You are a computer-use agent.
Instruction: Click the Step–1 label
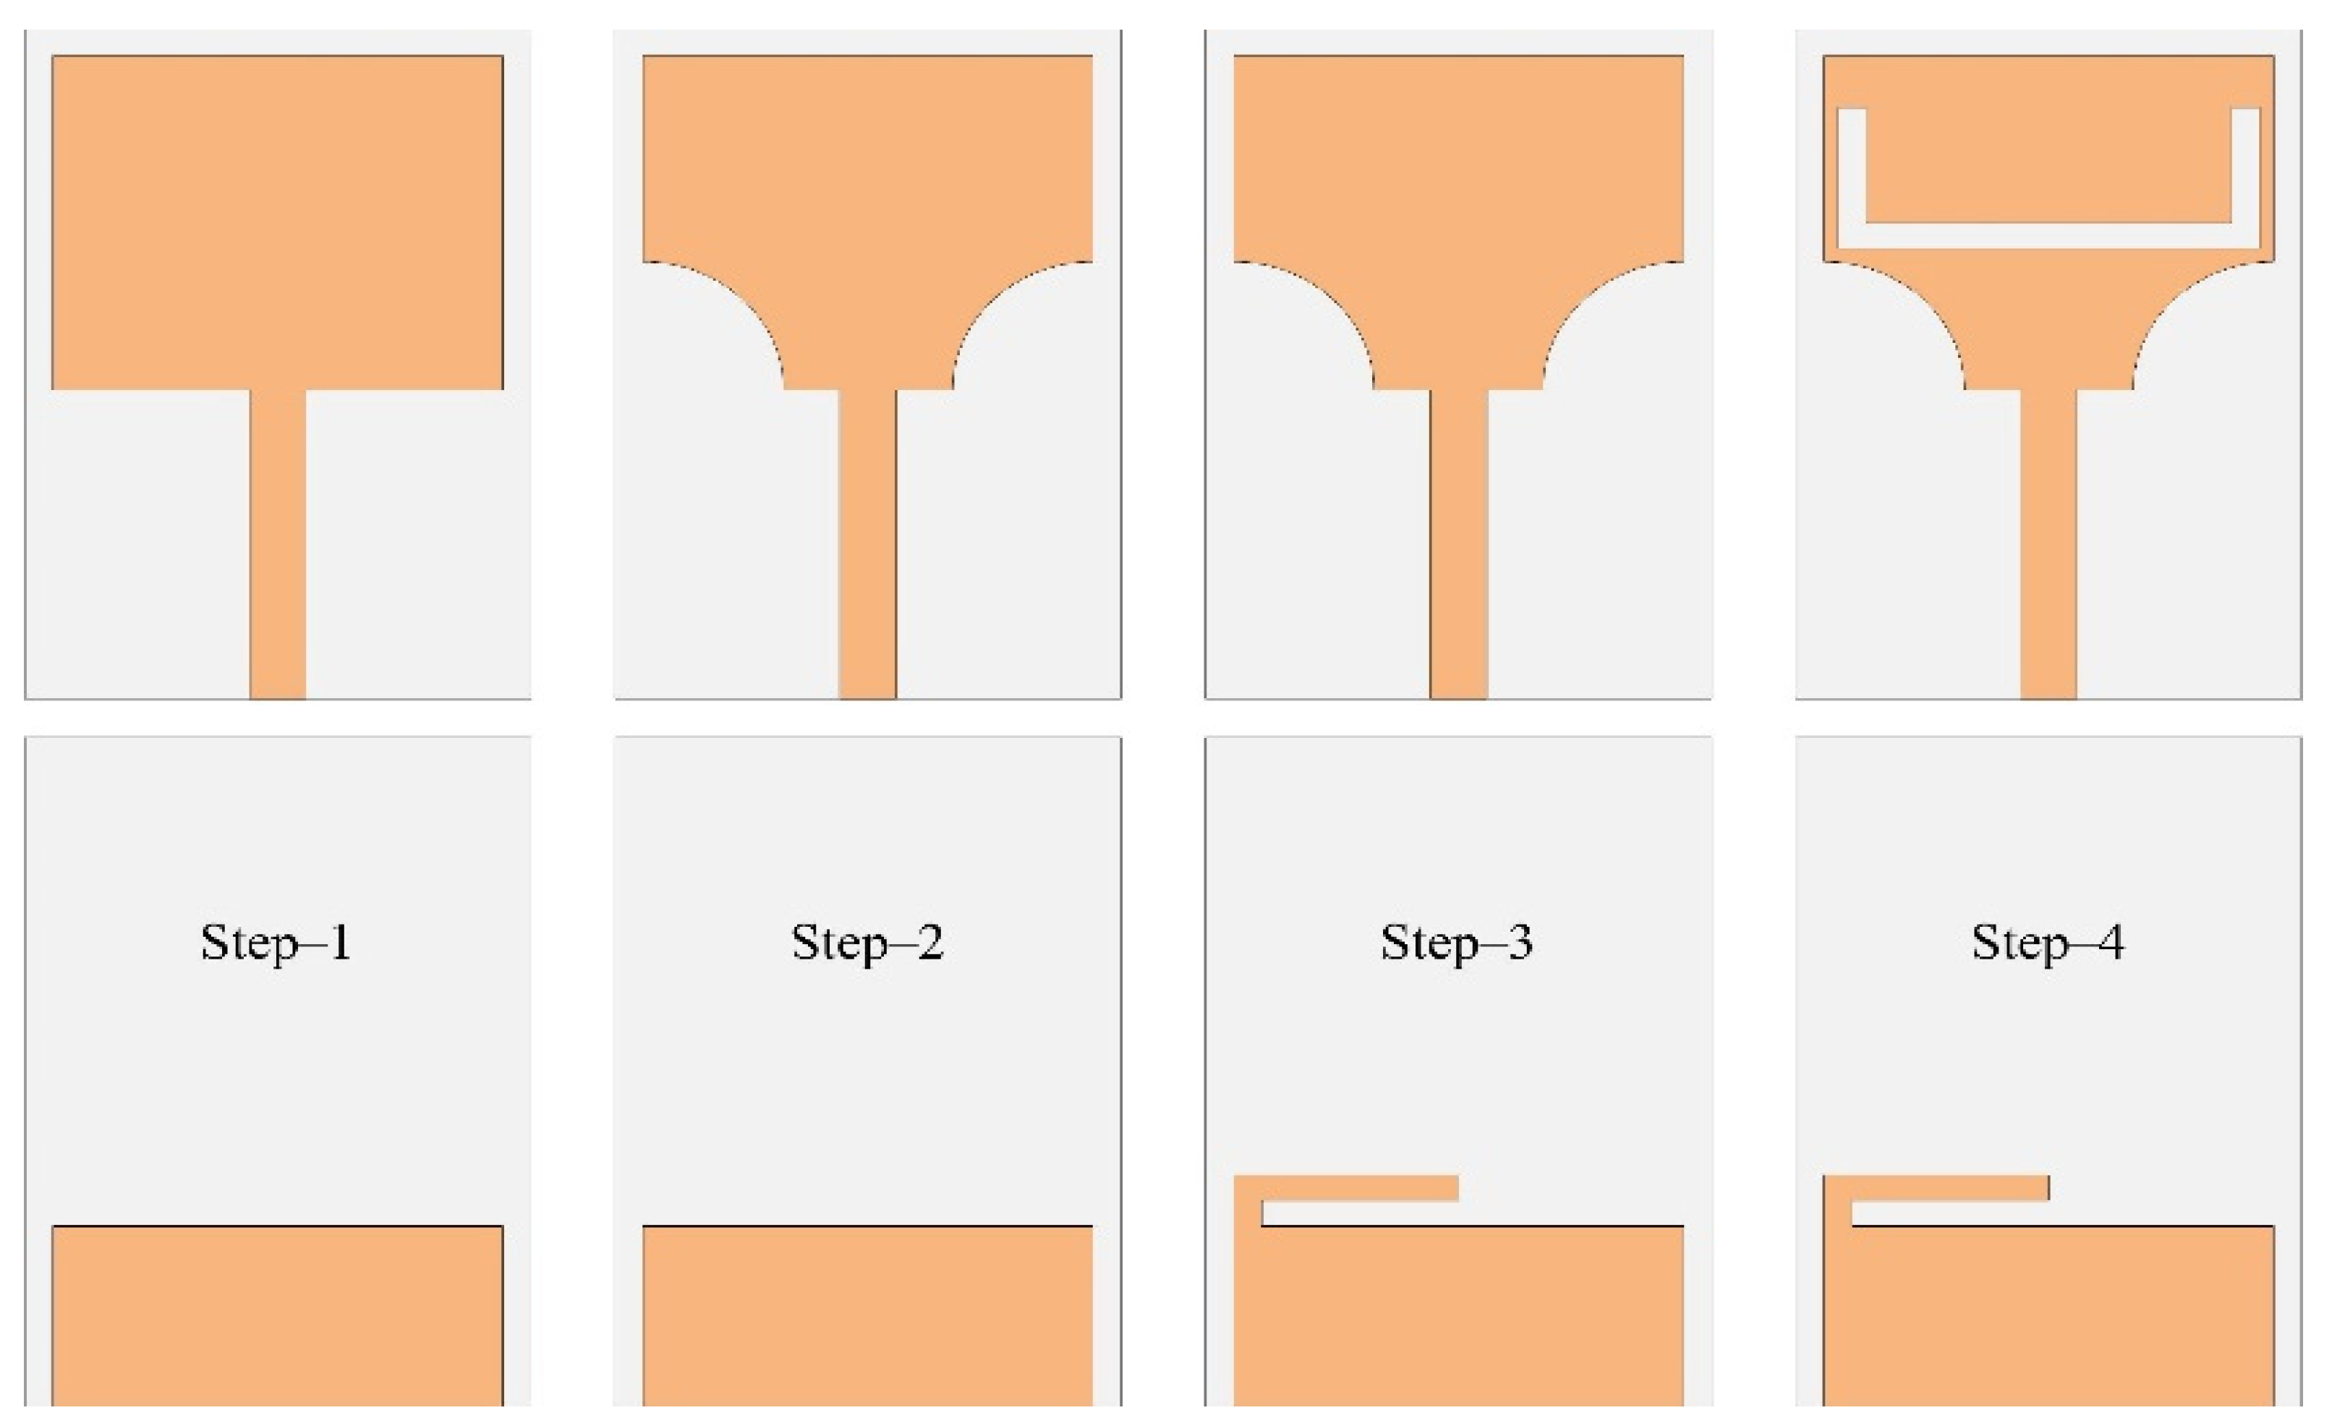[276, 944]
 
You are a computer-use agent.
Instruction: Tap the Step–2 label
[867, 944]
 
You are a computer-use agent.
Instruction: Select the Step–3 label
[1457, 944]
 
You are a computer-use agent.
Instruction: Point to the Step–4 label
[2048, 944]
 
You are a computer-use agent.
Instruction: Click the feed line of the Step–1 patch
[277, 545]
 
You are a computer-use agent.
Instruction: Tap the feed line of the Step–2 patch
[868, 545]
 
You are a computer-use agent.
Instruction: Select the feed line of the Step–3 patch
[1458, 545]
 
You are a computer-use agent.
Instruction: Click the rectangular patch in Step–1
[277, 223]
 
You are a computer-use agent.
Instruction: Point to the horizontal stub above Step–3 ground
[1359, 1188]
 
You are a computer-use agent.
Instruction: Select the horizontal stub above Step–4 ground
[1949, 1188]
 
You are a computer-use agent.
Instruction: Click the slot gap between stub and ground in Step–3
[1360, 1213]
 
